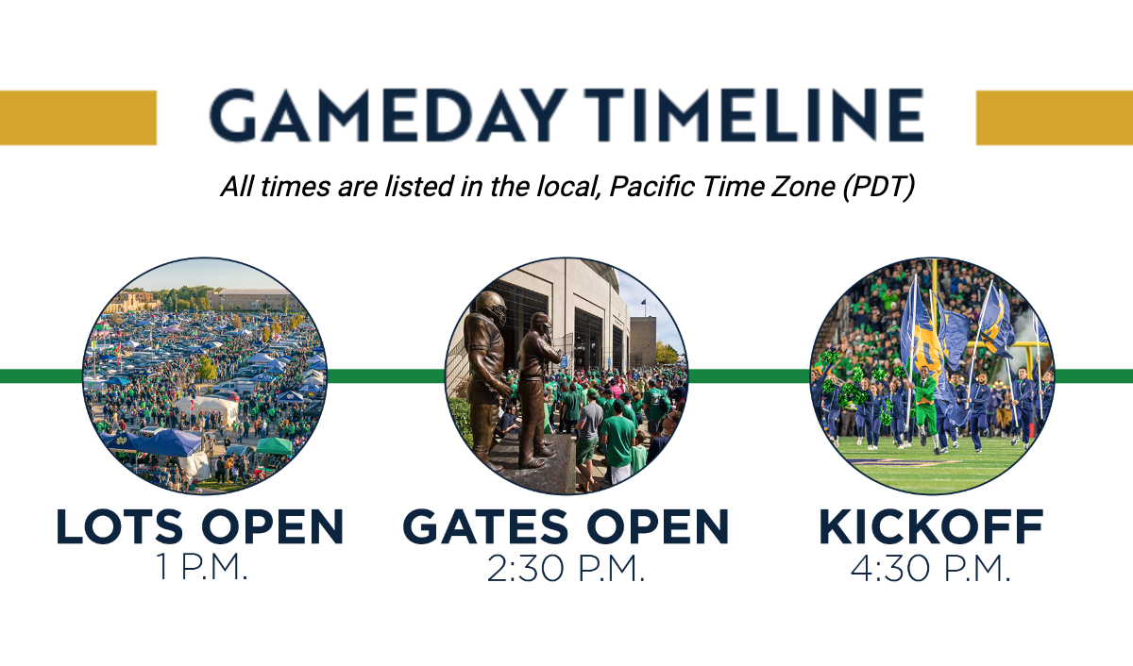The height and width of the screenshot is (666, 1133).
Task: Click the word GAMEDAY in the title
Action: point(386,116)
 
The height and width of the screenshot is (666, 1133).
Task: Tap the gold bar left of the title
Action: point(77,118)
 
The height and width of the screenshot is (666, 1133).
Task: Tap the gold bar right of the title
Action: point(1055,118)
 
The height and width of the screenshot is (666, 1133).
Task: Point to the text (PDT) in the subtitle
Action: point(879,187)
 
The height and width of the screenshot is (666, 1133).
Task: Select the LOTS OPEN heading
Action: point(200,526)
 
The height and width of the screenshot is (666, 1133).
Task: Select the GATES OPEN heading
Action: point(566,526)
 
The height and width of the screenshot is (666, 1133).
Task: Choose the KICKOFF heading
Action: point(931,526)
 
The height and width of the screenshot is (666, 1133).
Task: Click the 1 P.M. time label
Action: point(202,568)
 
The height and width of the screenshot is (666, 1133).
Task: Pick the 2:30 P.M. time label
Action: point(566,569)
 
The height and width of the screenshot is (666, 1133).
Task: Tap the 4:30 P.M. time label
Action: point(931,569)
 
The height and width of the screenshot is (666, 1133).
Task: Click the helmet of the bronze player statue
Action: point(491,308)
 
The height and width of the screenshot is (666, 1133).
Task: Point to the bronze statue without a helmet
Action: point(538,389)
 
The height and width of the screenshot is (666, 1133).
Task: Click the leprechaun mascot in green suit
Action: point(925,405)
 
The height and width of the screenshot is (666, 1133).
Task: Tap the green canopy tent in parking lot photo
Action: point(275,445)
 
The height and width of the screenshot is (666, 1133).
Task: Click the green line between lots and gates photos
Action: point(385,376)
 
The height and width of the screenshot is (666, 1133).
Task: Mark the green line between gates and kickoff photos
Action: point(749,376)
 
